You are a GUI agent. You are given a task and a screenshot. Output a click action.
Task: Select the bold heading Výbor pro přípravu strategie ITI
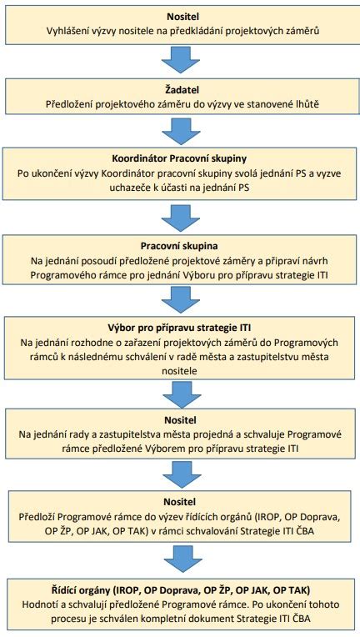click(181, 329)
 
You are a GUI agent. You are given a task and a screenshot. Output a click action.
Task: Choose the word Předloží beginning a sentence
click(37, 517)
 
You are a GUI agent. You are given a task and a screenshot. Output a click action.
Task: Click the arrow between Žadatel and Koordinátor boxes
click(181, 131)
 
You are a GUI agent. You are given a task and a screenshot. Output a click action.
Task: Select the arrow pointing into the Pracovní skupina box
click(181, 217)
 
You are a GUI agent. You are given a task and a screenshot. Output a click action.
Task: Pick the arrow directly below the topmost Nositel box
click(181, 61)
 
